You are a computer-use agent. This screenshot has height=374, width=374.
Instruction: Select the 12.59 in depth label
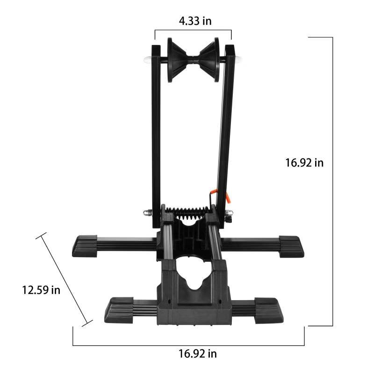tap(41, 290)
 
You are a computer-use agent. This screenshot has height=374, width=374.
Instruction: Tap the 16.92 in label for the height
tap(304, 163)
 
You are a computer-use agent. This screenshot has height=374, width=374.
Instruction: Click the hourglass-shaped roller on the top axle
tap(193, 60)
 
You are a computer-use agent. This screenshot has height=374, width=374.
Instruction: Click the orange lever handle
tap(228, 197)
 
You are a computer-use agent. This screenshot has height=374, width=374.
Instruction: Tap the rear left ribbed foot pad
tap(85, 245)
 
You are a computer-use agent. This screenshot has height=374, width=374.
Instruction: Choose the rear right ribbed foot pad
tap(291, 246)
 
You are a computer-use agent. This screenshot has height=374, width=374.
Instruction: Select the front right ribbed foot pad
tap(269, 309)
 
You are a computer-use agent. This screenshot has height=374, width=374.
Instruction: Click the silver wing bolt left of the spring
tap(148, 212)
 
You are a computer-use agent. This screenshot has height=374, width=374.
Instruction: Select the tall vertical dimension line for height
tap(332, 181)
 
